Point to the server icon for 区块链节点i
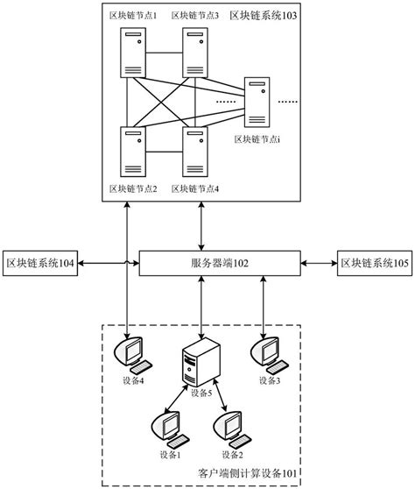(x=257, y=102)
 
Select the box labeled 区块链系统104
(x=39, y=262)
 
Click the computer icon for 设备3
(x=264, y=353)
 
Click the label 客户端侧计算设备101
(x=249, y=474)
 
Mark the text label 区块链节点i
(x=257, y=138)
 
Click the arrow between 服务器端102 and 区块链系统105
(x=320, y=262)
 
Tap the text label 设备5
(x=200, y=393)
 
